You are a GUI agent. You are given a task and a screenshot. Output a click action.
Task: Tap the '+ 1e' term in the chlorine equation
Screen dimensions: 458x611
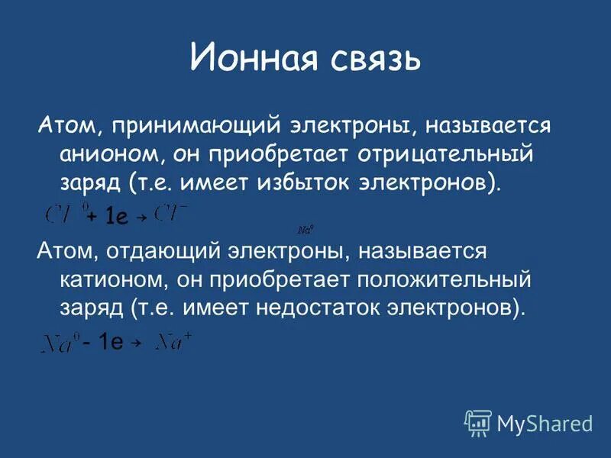[107, 218]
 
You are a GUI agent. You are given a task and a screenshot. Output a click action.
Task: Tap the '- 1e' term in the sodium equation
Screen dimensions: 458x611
[103, 343]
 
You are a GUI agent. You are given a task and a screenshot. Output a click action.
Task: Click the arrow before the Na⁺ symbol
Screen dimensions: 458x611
[137, 345]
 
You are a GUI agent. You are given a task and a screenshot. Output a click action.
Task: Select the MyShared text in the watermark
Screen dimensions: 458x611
[545, 423]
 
